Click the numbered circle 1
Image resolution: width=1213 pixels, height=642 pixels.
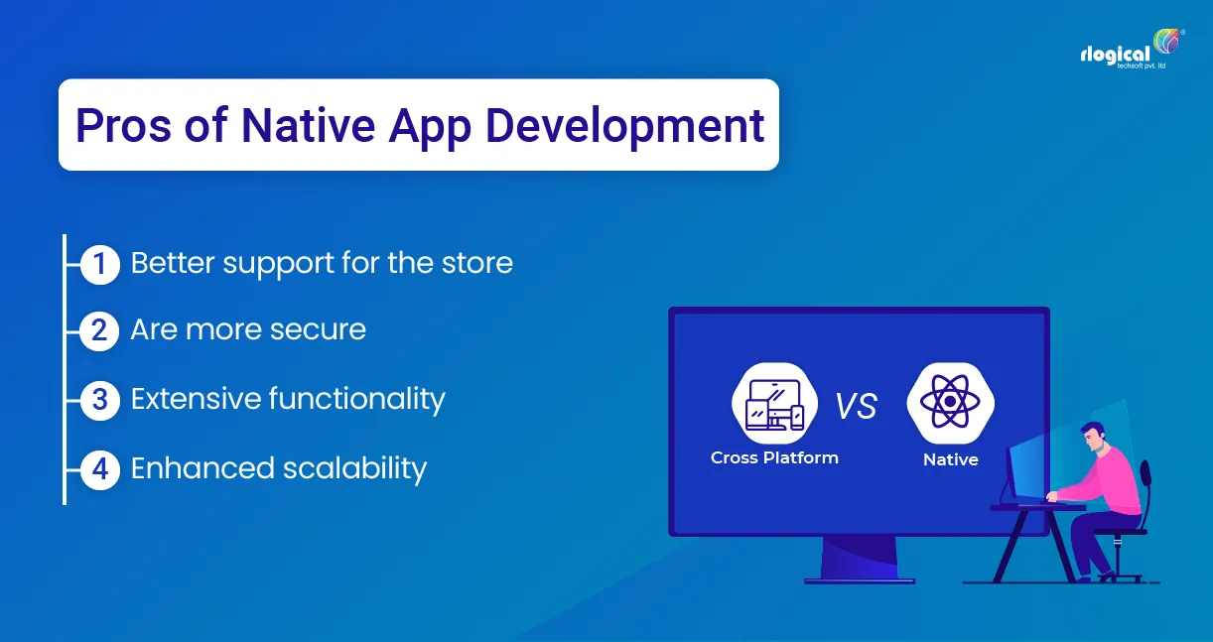[x=99, y=264]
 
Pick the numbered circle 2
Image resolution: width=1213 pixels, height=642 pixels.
[x=99, y=330]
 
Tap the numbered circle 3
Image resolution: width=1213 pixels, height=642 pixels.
[x=99, y=400]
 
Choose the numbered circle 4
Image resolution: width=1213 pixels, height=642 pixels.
[x=99, y=468]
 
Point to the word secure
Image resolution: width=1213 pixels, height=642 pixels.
[x=319, y=329]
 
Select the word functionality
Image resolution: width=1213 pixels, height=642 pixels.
[x=357, y=399]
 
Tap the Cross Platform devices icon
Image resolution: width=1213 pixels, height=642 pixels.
[x=774, y=403]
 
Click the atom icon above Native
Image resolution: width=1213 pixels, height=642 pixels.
[x=951, y=403]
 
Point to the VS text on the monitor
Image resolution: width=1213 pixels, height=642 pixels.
[x=855, y=406]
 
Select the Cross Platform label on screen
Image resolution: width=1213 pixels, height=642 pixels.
[x=774, y=457]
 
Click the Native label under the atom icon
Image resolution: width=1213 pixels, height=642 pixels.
[x=950, y=459]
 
